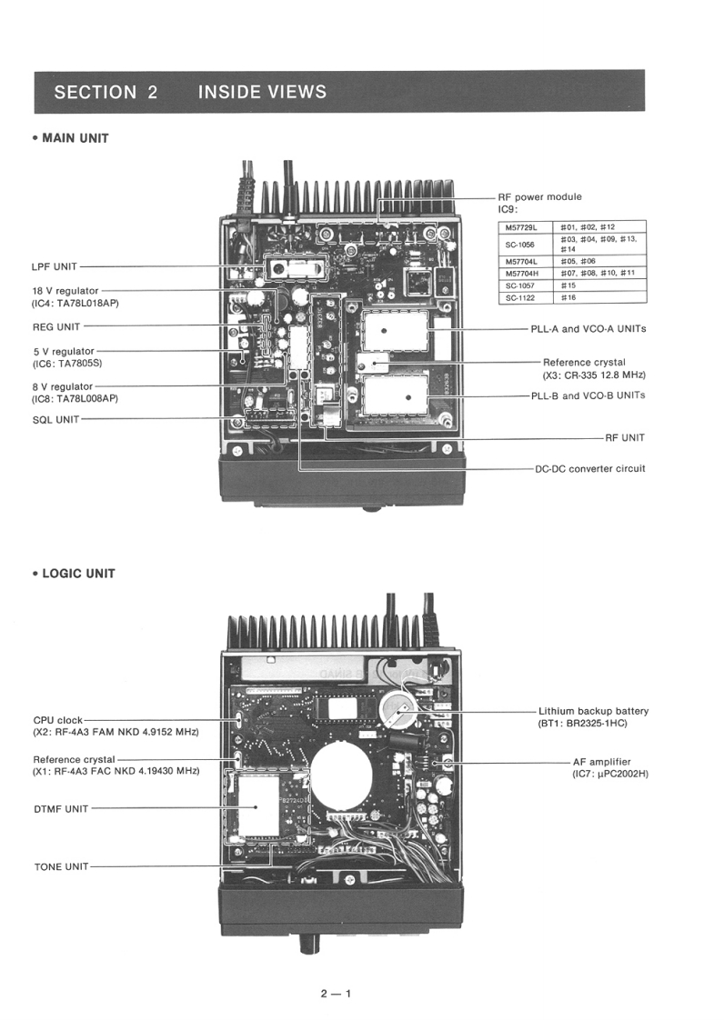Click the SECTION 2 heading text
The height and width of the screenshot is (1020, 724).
point(106,92)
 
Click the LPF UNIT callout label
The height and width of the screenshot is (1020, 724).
point(54,266)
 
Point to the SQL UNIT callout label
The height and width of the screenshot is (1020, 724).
point(55,419)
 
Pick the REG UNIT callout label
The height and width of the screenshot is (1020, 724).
point(55,326)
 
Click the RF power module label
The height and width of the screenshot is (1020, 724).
point(539,196)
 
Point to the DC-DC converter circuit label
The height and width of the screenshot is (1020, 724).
point(590,469)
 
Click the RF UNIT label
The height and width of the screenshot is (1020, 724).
point(625,437)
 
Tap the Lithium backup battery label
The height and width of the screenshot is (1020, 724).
point(593,711)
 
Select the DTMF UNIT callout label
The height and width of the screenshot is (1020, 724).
point(61,808)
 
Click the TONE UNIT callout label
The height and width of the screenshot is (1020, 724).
point(61,866)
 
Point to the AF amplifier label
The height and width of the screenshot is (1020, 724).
point(601,762)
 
